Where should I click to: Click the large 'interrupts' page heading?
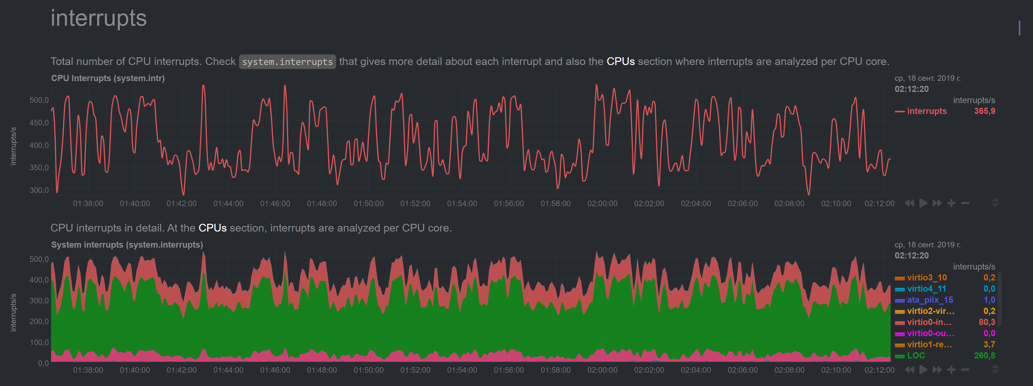point(99,19)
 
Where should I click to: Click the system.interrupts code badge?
point(287,62)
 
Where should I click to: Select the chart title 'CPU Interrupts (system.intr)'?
point(108,78)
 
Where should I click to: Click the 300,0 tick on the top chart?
point(39,190)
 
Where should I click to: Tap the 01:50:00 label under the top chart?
point(368,204)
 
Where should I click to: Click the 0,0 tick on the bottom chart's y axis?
point(43,363)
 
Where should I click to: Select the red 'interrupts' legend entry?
point(926,111)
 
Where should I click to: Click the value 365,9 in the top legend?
point(984,111)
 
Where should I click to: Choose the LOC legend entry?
point(916,356)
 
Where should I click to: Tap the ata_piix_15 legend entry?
point(930,300)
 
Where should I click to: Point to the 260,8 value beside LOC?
point(984,356)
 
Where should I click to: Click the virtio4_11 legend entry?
point(926,288)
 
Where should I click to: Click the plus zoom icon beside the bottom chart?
point(951,370)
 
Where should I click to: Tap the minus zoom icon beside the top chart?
point(965,203)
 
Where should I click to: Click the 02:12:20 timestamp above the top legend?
point(911,89)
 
